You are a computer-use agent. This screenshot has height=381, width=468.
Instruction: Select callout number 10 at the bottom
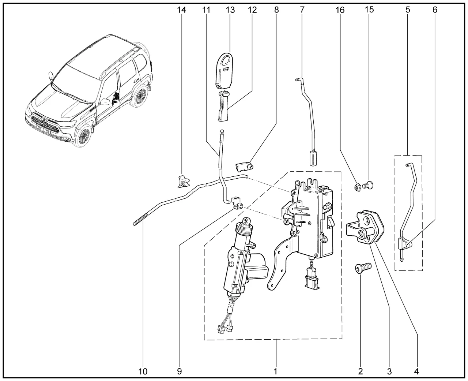tap(143, 371)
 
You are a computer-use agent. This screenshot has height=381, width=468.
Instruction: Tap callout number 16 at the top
tap(340, 10)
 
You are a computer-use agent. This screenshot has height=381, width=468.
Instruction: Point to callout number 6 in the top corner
tap(435, 10)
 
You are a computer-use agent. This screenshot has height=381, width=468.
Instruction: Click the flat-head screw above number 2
tap(363, 268)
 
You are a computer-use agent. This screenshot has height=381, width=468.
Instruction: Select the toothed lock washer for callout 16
tap(358, 188)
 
